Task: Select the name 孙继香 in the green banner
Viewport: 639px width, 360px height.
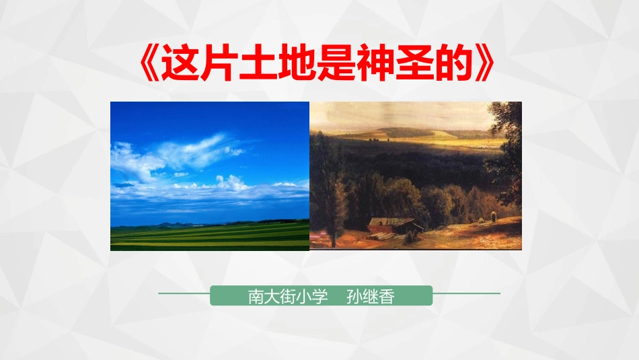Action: click(369, 296)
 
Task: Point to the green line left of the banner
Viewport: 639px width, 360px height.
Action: click(184, 294)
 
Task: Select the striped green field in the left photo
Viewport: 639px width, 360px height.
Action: click(209, 236)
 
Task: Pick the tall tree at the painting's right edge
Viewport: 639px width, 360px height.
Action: click(506, 155)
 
